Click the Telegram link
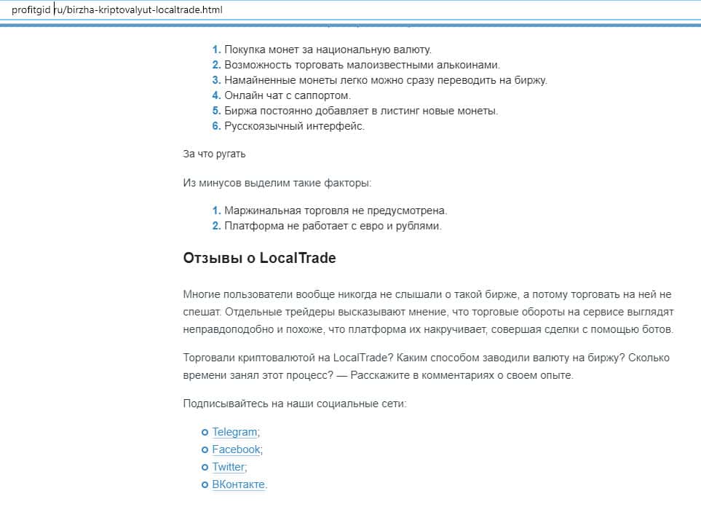(234, 432)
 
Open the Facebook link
(236, 449)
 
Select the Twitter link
(228, 467)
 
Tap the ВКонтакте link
(238, 484)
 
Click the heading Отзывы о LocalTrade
(259, 259)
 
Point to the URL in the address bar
(116, 10)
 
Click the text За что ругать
(214, 154)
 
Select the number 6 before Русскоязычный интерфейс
(216, 126)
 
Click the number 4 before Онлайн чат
(216, 95)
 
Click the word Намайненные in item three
(260, 80)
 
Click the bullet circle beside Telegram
(205, 433)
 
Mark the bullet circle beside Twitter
(205, 468)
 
